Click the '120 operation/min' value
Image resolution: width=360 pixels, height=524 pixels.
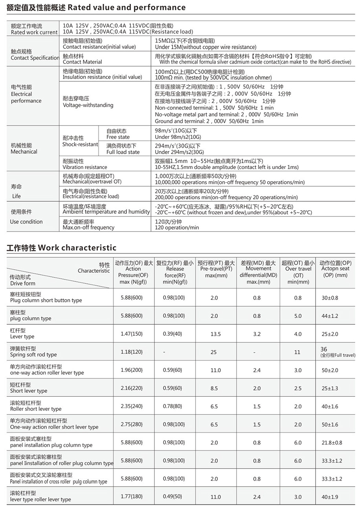[177, 228]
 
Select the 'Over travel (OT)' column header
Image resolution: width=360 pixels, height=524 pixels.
[298, 272]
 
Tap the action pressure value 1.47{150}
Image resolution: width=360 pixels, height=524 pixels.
[132, 334]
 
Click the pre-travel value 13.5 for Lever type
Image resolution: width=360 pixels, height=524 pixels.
[215, 334]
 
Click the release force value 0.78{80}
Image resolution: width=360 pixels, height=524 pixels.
[173, 406]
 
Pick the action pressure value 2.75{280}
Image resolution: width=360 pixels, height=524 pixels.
[132, 424]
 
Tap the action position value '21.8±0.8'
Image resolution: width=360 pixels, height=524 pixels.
[332, 443]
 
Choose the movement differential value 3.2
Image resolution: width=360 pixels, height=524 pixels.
[257, 334]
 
